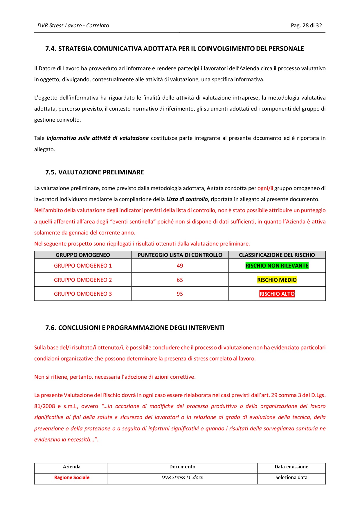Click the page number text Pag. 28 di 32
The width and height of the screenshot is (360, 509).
[306, 26]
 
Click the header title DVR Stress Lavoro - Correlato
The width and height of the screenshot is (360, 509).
[73, 26]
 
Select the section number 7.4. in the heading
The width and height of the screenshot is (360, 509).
[51, 49]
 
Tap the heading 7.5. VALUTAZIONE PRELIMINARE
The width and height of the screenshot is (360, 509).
[94, 172]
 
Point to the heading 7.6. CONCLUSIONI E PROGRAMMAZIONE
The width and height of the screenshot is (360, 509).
[135, 328]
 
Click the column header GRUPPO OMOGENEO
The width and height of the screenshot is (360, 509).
[83, 255]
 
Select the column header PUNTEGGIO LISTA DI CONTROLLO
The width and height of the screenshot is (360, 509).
[180, 255]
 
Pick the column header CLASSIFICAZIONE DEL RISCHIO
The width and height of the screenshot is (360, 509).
[277, 255]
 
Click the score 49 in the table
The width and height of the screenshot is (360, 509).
[180, 266]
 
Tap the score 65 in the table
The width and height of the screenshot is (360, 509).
[180, 280]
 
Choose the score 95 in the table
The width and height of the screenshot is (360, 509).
[180, 294]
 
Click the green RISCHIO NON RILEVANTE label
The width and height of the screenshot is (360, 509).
[277, 266]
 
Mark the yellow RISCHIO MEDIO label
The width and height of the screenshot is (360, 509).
[277, 280]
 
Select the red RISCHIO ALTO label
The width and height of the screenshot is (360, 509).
[277, 294]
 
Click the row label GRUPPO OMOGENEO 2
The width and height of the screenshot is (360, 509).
[83, 280]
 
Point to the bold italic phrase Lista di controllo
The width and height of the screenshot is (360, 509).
[187, 199]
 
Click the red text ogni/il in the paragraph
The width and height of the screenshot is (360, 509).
[265, 188]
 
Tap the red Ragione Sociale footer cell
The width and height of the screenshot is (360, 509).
[72, 478]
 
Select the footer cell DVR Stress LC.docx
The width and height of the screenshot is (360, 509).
[182, 478]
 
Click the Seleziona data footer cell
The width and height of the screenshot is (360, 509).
[291, 478]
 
